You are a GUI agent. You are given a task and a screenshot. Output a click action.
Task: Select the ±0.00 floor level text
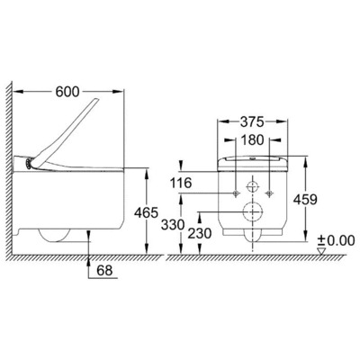(x=335, y=240)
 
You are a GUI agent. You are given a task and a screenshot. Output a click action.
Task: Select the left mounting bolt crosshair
(x=235, y=192)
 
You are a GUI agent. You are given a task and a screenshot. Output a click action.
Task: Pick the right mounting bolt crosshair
(x=271, y=192)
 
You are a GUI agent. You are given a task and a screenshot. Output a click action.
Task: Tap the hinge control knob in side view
(x=34, y=164)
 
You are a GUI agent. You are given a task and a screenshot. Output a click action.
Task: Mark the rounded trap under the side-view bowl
(x=54, y=237)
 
